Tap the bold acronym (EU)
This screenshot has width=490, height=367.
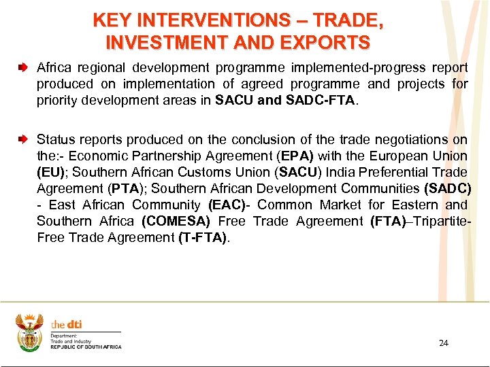point(51,172)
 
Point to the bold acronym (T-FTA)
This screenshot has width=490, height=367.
point(203,237)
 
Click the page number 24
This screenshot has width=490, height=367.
point(443,343)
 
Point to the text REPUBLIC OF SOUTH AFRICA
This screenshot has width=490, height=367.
point(86,347)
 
